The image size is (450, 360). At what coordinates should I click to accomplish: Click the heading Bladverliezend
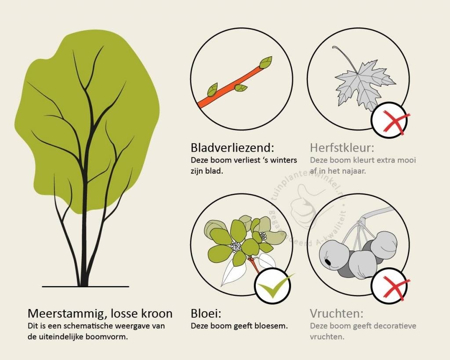(x=232, y=148)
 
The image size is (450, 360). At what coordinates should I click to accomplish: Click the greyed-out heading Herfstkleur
(x=342, y=148)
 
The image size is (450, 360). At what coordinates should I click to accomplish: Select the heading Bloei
(x=206, y=313)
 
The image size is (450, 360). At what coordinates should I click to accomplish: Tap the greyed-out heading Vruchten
(x=336, y=313)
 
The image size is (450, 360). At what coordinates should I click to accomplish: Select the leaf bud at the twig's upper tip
(x=266, y=62)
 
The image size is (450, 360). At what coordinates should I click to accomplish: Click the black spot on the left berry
(x=327, y=262)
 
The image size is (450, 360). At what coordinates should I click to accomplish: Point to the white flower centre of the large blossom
(x=236, y=246)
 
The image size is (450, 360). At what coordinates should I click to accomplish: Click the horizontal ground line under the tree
(x=86, y=287)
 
